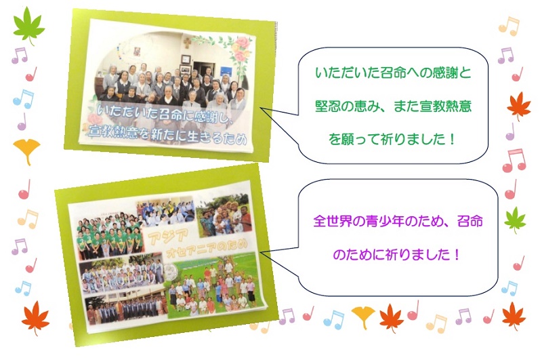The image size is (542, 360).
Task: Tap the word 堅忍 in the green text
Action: pos(328,106)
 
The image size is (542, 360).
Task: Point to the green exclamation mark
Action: pos(452,139)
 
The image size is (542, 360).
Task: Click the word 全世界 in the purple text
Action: pos(333,221)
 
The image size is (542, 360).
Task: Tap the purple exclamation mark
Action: pos(457,255)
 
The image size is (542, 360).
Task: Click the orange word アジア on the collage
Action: pos(168,237)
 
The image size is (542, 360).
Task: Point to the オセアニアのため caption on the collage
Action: pos(207,249)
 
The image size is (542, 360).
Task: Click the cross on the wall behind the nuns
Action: pos(187,43)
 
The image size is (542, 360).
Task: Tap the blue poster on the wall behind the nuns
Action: pos(227,72)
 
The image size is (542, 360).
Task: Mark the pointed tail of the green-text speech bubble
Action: pos(260,108)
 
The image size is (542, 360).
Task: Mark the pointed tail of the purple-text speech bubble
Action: pos(260,252)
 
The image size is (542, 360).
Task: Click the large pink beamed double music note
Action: pos(514,161)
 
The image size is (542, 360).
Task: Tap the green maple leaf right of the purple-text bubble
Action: pos(515,220)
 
